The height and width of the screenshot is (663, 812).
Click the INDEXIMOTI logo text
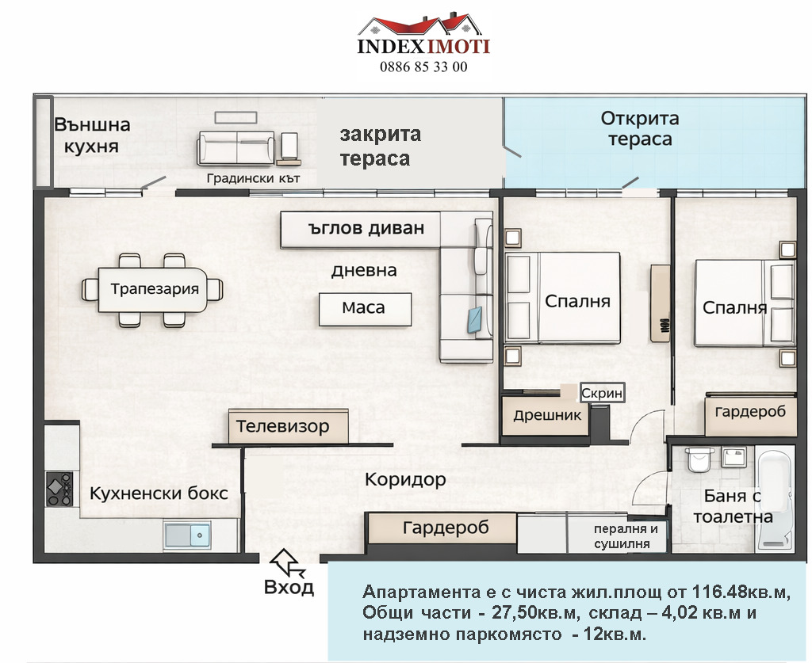tap(423, 46)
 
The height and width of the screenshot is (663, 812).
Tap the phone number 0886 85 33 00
tap(424, 67)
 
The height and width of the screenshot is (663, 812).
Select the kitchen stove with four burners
tap(59, 489)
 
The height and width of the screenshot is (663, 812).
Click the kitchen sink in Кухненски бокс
tap(187, 535)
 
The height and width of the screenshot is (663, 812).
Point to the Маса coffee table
tap(365, 308)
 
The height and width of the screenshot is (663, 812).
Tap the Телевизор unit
tap(288, 427)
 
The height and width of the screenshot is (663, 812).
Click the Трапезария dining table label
tap(154, 288)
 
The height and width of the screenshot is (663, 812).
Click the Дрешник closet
tap(547, 415)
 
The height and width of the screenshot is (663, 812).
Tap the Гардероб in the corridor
tap(445, 528)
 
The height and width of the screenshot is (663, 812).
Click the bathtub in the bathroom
tap(775, 499)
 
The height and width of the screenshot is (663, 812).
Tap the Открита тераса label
tap(639, 128)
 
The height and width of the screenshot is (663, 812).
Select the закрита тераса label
tap(380, 146)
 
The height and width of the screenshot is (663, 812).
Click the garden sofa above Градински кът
tap(236, 147)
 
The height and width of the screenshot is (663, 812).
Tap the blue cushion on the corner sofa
tap(477, 318)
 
